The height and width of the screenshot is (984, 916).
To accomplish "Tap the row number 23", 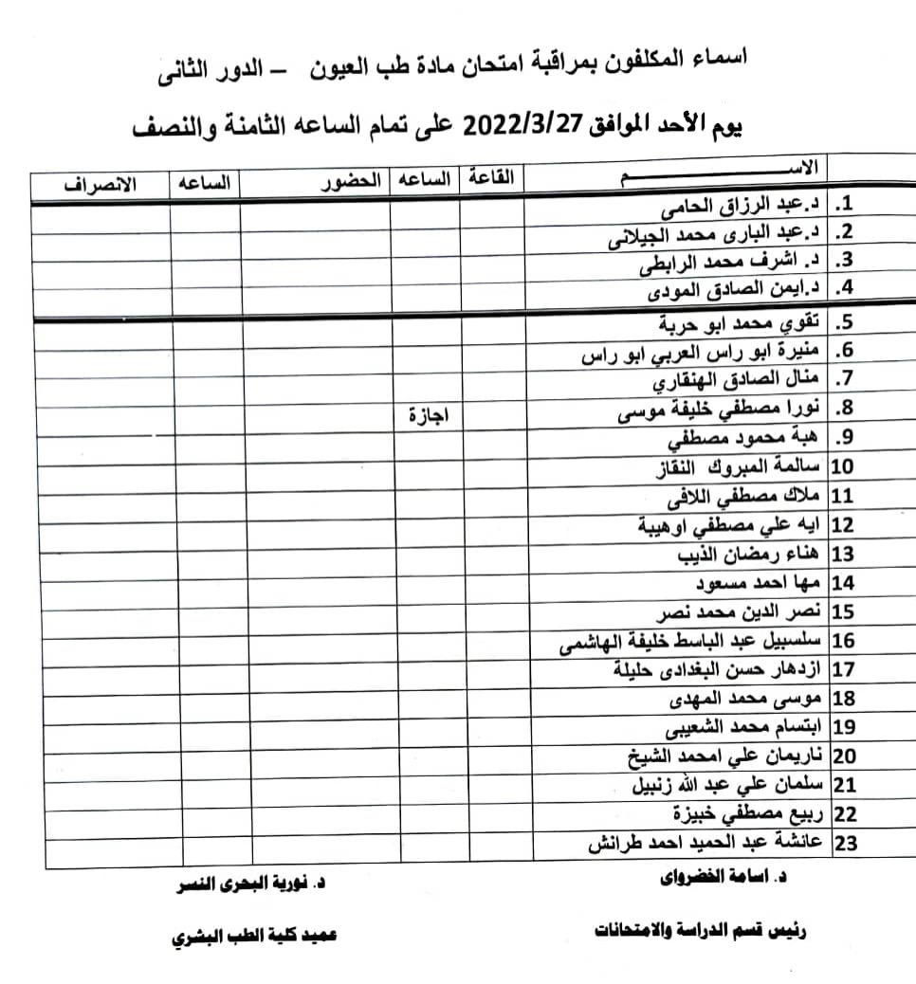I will pos(844,843).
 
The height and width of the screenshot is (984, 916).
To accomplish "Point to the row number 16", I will pos(844,641).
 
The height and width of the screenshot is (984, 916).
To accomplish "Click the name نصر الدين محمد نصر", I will pos(740,611).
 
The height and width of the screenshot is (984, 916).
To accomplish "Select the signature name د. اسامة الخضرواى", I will pos(724,878).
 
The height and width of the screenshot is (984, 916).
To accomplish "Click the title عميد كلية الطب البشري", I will pos(253,937).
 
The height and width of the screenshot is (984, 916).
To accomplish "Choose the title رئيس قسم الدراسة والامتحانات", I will pos(701,931).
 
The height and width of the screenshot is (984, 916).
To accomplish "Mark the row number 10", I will pos(842,466).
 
